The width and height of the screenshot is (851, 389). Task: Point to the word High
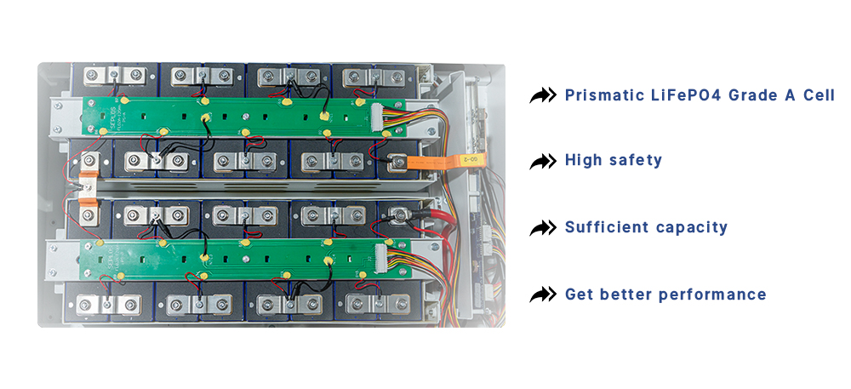point(583,160)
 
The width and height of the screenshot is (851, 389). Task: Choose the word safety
point(635,160)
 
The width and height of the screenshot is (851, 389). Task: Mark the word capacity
point(692,228)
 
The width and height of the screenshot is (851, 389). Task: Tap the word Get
point(578,295)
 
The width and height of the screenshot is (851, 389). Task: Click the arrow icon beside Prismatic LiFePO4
point(543,94)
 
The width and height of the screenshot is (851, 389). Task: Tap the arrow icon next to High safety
point(543,161)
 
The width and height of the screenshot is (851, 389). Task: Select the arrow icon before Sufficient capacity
point(543,228)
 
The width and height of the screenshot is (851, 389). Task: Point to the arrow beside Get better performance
point(543,295)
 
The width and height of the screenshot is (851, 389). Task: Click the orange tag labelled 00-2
point(470,158)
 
